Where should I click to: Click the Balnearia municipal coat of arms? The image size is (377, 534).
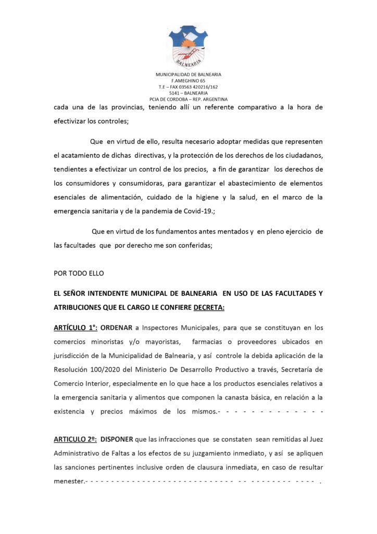pos(188,45)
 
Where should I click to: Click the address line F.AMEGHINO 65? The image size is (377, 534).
pos(188,81)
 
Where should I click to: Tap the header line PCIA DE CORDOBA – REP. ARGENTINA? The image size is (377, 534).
pos(188,100)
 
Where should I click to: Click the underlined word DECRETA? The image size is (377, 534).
pos(209,307)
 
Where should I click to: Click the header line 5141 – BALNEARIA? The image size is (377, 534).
pos(188,93)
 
